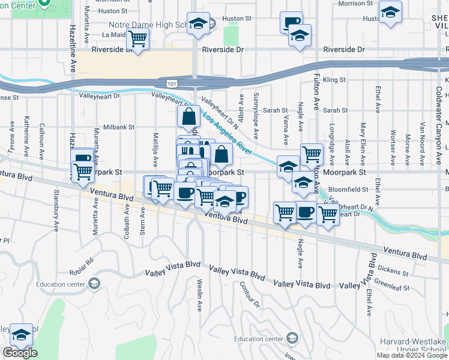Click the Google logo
point(20,353)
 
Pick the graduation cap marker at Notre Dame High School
point(198,24)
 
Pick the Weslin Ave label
point(199,295)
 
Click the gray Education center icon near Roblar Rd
point(94,283)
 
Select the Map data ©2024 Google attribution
point(412,355)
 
